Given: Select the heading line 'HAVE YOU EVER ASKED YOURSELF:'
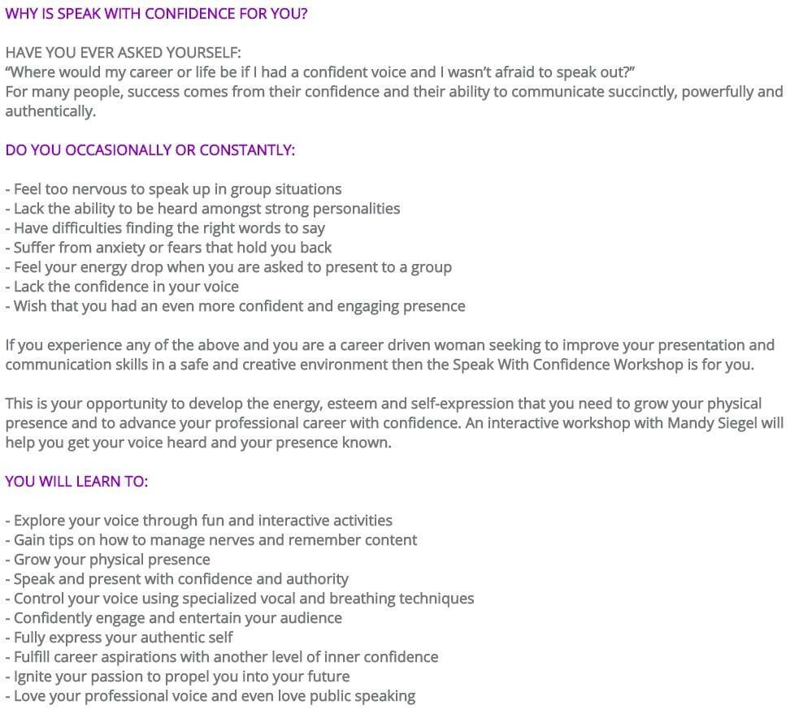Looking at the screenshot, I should pos(123,53).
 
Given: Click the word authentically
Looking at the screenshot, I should pos(50,111).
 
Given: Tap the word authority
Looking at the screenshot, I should pos(317,579).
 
